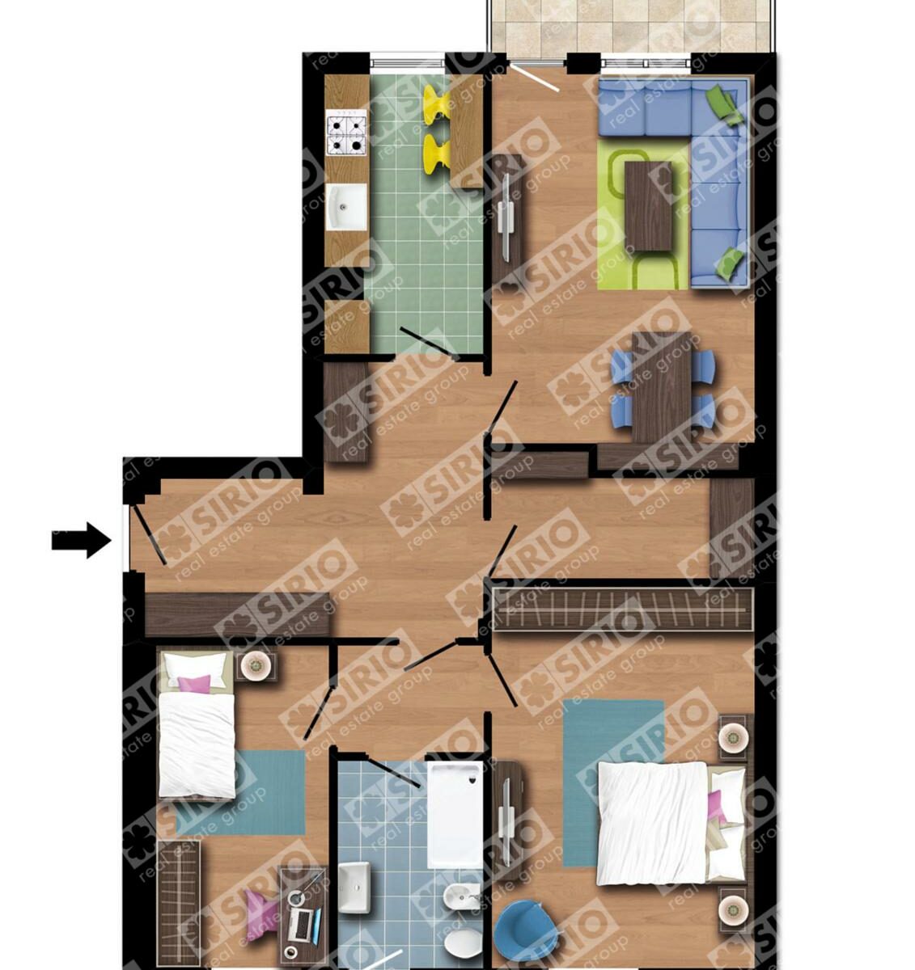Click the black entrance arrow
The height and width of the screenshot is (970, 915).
pos(81,540)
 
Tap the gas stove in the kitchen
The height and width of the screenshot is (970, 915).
pos(345,132)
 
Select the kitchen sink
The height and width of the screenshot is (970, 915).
pos(346,207)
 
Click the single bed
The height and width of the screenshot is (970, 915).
pos(196,725)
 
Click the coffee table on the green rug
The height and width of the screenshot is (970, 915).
pos(648,206)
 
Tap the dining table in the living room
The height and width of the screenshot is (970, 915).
pos(662,387)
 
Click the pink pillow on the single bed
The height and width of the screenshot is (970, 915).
pos(194,683)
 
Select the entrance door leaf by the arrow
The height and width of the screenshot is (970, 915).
pos(149,534)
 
